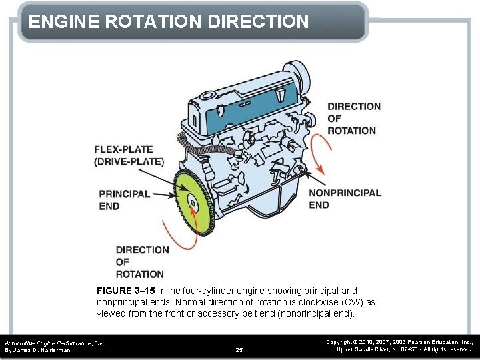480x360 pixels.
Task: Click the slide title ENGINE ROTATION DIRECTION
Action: coord(169,21)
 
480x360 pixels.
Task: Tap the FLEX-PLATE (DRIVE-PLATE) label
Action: coord(129,155)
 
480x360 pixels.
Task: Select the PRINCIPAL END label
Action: coord(124,200)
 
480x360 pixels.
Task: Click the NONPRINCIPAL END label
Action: coord(345,199)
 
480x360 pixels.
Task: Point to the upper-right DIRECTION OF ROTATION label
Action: coord(354,118)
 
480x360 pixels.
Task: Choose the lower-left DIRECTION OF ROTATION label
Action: coord(142,261)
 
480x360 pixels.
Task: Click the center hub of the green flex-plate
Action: coord(191,203)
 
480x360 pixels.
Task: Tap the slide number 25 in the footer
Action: coord(240,349)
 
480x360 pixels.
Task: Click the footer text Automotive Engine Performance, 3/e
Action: coord(53,341)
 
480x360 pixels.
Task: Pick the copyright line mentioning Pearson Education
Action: coord(399,341)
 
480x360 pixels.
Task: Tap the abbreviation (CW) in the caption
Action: coord(353,302)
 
